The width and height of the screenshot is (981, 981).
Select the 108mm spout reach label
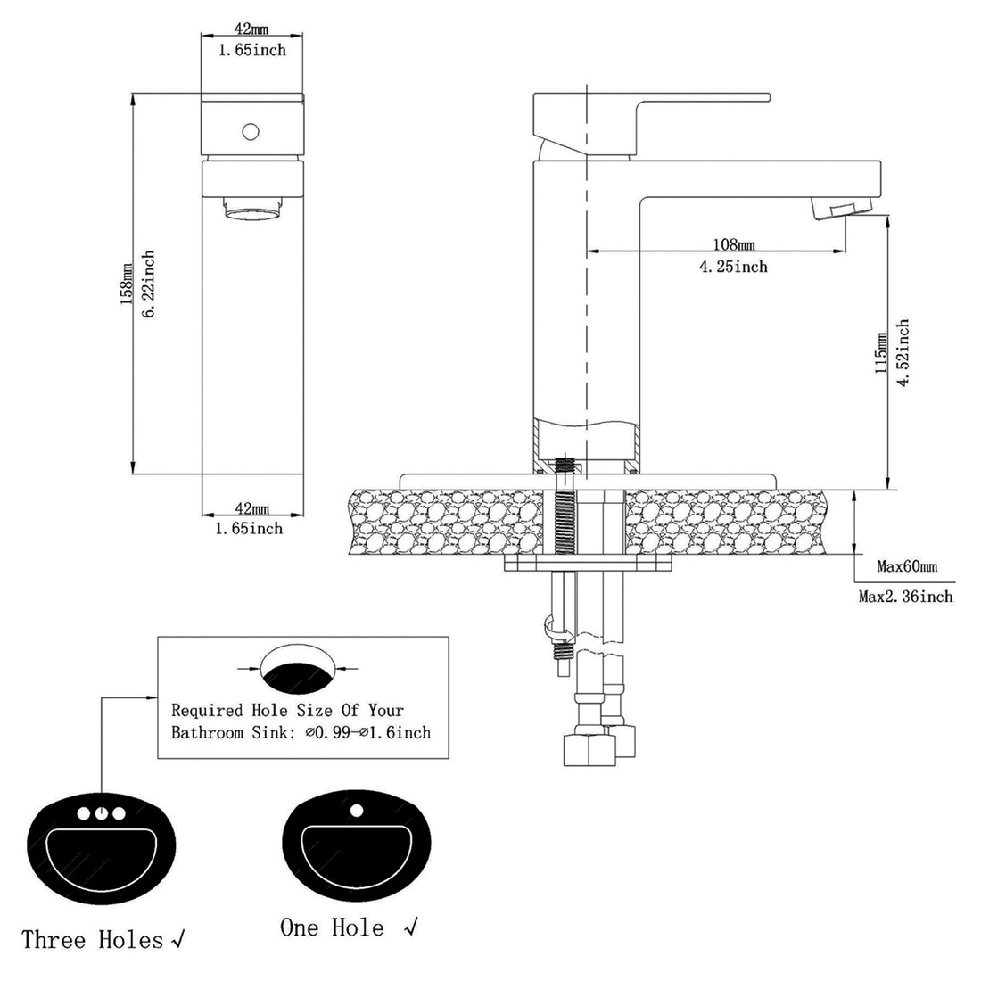(734, 244)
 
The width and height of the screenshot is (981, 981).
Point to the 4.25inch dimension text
(734, 266)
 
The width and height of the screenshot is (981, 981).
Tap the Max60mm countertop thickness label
(907, 566)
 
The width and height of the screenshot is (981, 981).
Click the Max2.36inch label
(905, 596)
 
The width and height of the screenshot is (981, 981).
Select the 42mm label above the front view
(252, 28)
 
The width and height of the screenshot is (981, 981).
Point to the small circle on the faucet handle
(251, 132)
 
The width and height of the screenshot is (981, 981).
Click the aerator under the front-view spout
(252, 211)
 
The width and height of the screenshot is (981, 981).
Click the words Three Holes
(93, 939)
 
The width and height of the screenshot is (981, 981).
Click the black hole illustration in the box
(299, 672)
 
